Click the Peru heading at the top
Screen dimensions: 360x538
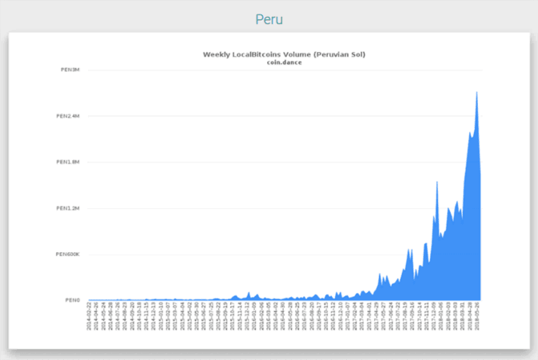click(269, 19)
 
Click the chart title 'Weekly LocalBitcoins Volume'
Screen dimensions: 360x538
click(284, 54)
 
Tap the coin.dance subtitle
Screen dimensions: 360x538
click(284, 62)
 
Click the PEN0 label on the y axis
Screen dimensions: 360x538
click(73, 300)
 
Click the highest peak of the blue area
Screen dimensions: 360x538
click(476, 92)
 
